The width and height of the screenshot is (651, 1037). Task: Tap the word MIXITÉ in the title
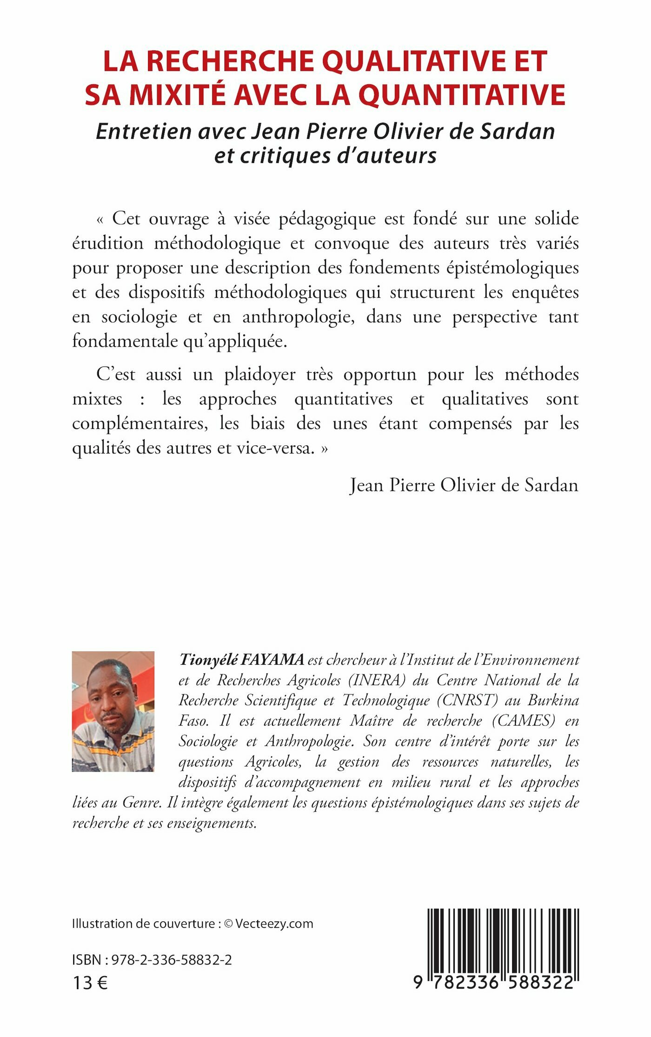pyautogui.click(x=177, y=95)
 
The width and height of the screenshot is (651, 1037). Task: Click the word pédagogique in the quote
pyautogui.click(x=327, y=219)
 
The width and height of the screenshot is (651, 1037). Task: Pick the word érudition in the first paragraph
pyautogui.click(x=107, y=243)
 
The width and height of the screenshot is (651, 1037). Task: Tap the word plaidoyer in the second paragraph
pyautogui.click(x=259, y=375)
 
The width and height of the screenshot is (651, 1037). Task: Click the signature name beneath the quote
pyautogui.click(x=464, y=485)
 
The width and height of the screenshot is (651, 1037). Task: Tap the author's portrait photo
pyautogui.click(x=113, y=712)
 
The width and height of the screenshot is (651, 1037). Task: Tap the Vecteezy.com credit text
pyautogui.click(x=274, y=924)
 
